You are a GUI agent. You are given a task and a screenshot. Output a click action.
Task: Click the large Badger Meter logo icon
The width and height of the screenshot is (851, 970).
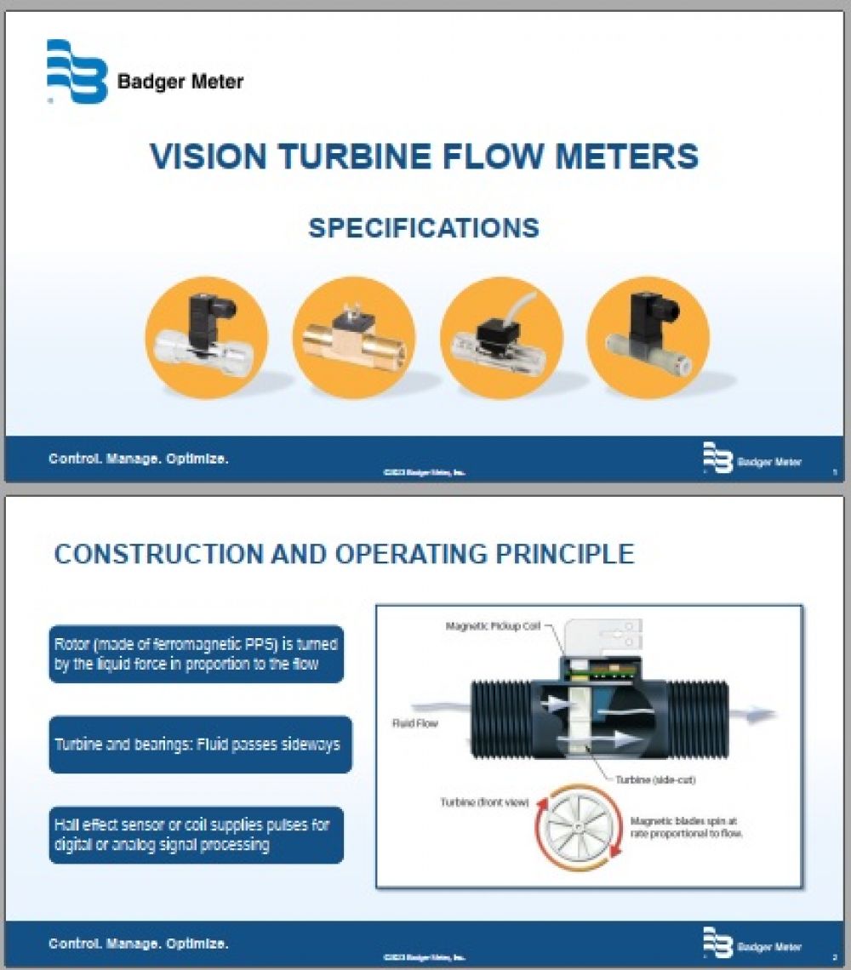[x=77, y=71]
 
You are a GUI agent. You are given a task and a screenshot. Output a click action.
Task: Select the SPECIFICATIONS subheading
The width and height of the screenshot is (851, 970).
[x=423, y=228]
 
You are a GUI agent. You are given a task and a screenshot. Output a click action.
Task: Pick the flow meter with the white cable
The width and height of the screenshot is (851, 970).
[x=501, y=336]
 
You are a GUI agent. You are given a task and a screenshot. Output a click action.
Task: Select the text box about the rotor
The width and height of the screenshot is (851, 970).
[x=197, y=653]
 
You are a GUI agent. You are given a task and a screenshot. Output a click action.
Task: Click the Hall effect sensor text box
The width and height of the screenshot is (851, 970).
[x=197, y=835]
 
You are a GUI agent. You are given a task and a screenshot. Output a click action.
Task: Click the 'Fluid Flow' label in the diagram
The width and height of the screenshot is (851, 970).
[x=414, y=724]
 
